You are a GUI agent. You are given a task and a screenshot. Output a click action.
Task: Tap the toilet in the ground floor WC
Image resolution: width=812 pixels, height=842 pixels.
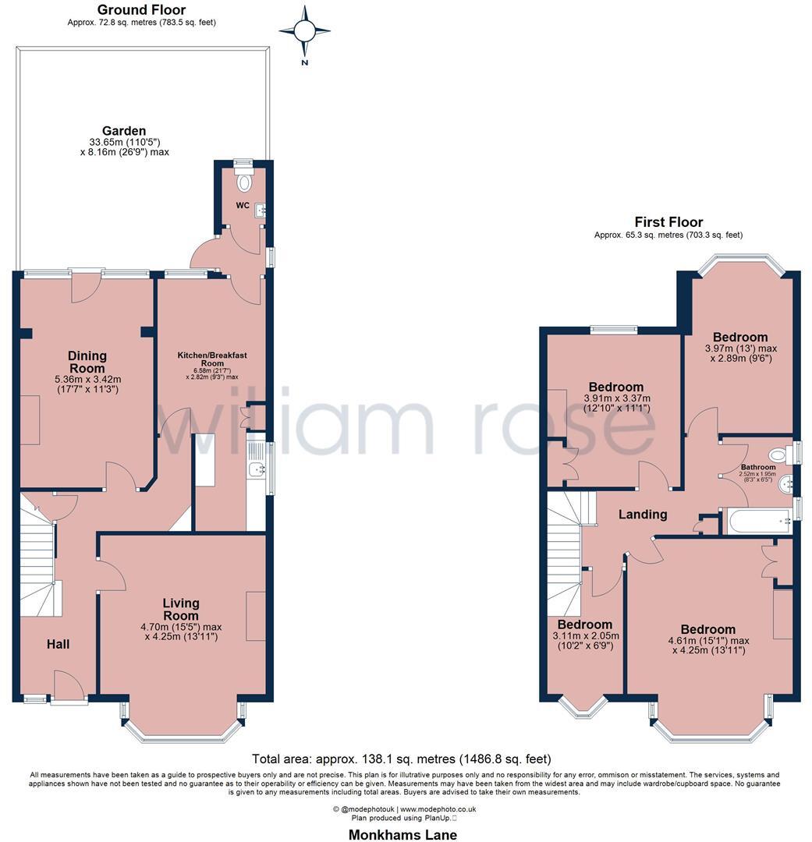(x=246, y=182)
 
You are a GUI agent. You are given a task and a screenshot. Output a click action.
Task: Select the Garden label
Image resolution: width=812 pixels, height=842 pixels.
(x=124, y=131)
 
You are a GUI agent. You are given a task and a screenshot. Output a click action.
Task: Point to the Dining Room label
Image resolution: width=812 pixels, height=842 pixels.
(x=87, y=362)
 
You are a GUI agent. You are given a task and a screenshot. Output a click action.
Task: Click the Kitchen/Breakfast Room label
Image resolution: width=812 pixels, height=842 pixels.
(x=211, y=359)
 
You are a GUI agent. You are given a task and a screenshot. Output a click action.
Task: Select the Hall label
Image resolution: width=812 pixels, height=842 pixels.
(x=58, y=644)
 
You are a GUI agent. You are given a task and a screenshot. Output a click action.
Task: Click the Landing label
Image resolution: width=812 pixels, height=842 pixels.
(x=643, y=515)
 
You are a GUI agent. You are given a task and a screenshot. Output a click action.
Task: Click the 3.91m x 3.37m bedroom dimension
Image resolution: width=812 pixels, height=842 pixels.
(x=616, y=403)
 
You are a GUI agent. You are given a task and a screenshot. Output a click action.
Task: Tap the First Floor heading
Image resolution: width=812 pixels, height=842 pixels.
(x=668, y=222)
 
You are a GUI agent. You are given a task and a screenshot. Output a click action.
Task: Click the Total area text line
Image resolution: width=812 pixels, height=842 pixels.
(x=402, y=759)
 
